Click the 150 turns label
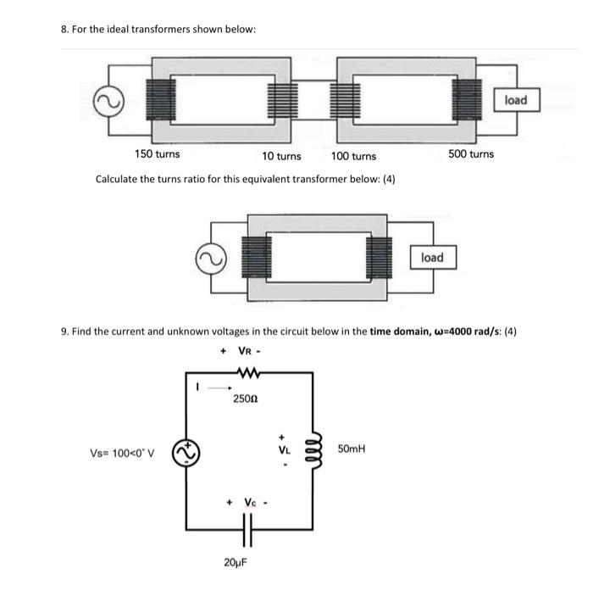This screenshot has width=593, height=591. [158, 154]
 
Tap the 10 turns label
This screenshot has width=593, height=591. [281, 156]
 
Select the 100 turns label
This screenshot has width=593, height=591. [353, 156]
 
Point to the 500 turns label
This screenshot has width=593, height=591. [470, 154]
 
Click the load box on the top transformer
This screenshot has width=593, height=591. [516, 100]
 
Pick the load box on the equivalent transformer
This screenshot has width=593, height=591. [432, 257]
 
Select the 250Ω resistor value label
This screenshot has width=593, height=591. [246, 398]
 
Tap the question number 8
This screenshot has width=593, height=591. [65, 30]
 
